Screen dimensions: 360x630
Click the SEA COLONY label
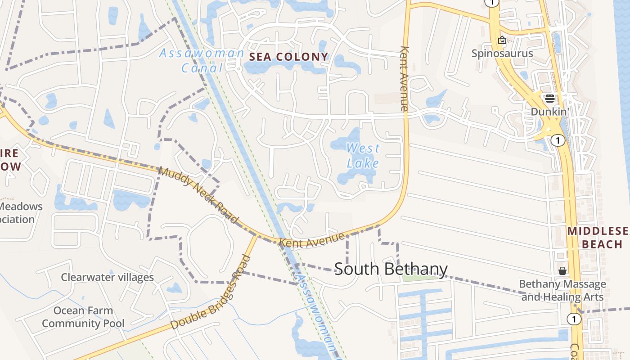(x=288, y=57)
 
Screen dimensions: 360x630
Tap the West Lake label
(x=363, y=155)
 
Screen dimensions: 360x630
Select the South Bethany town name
(x=391, y=269)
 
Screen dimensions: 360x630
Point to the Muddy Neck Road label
(x=198, y=195)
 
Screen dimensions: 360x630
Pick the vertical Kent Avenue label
(x=404, y=79)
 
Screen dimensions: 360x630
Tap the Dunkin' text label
(x=550, y=111)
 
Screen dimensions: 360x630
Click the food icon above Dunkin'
(x=549, y=98)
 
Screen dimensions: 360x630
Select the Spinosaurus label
(x=502, y=54)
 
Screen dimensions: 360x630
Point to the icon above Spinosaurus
(x=502, y=40)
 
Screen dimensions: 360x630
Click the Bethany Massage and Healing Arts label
(x=562, y=291)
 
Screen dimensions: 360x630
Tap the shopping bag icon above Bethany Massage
(x=562, y=271)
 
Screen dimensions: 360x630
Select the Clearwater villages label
(x=107, y=277)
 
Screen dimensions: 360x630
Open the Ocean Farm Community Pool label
(x=83, y=317)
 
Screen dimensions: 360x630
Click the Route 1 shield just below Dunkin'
(x=558, y=141)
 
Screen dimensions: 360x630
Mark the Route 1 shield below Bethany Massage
(x=574, y=319)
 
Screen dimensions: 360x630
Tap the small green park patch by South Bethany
(x=418, y=278)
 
